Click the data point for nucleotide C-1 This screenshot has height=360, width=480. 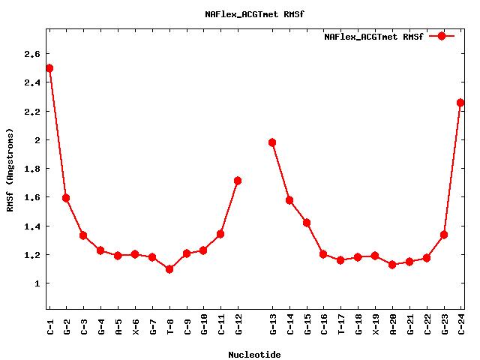coord(49,68)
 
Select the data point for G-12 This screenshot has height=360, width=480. coord(238,181)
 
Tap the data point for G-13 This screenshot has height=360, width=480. coord(272,142)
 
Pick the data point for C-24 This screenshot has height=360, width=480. coord(460,103)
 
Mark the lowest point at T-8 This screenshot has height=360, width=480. coord(169,269)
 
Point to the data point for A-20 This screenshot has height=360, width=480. coord(392,265)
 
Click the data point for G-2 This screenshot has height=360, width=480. coord(66,198)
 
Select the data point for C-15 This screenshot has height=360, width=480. coord(307,223)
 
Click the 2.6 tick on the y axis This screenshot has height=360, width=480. coord(31,54)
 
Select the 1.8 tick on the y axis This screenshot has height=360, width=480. coord(31,169)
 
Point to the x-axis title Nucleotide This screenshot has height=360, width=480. coord(254,355)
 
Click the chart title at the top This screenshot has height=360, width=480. coord(254,14)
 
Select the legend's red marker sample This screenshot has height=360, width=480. coord(442,36)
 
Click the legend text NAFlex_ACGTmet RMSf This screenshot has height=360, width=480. coord(373,36)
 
